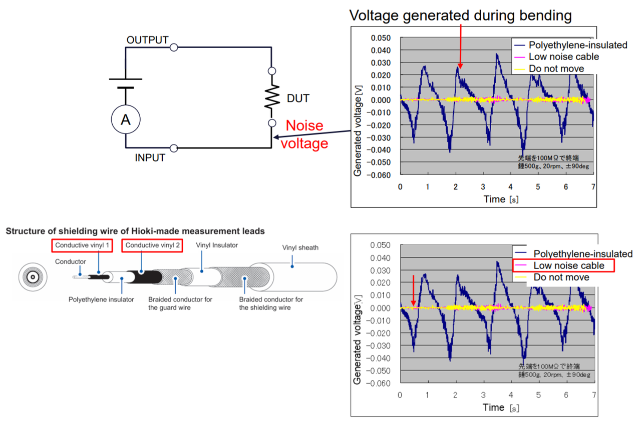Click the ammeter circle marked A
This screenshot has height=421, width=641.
coord(126,119)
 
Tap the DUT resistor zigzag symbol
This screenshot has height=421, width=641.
coord(272,98)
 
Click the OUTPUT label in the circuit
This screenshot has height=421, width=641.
coord(147,40)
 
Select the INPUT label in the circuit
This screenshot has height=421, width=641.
coord(150,158)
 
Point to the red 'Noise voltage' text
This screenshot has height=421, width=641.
coord(304,134)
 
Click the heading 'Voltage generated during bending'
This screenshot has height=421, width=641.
coord(460,15)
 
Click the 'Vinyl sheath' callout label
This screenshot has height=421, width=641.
coord(300,247)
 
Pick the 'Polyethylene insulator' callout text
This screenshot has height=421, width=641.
coord(101,299)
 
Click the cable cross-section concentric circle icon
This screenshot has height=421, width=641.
coord(33,277)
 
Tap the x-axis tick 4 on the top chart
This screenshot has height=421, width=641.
coord(510,186)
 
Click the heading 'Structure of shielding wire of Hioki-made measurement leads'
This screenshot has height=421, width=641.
coord(135,231)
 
